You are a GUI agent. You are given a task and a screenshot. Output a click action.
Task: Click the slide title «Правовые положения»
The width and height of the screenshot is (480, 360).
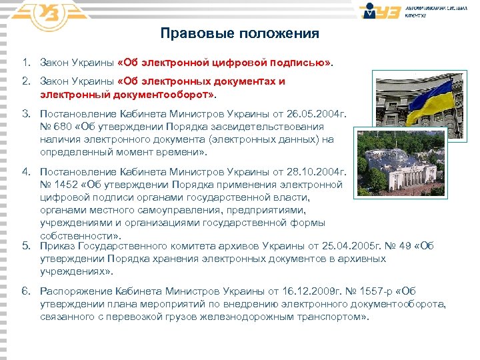tap(240, 33)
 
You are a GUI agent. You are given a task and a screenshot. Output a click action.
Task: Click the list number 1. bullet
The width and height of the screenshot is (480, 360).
tap(26, 63)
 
